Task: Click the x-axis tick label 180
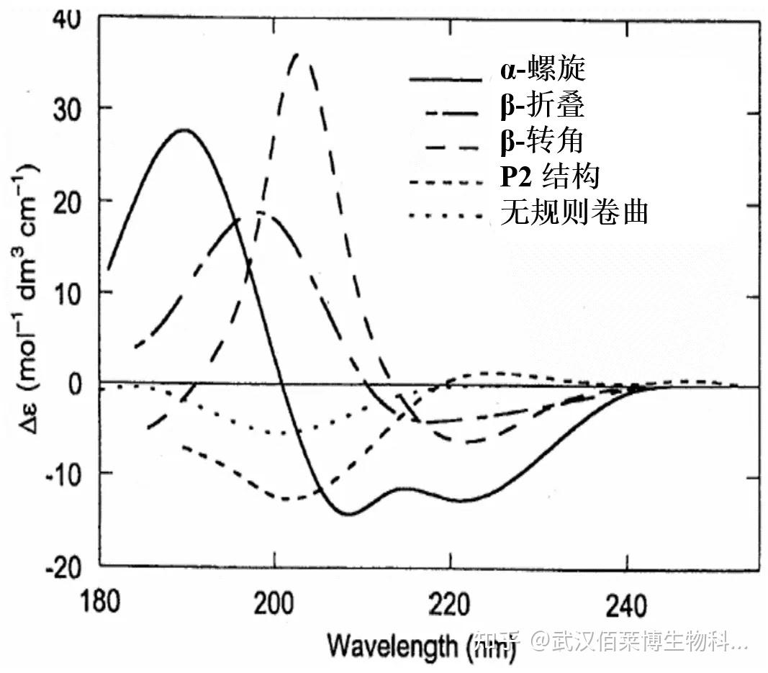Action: (x=101, y=600)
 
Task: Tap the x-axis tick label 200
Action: (x=275, y=600)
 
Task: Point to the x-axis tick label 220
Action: (x=450, y=600)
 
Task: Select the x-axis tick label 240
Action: (x=624, y=600)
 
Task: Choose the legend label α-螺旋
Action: (x=543, y=71)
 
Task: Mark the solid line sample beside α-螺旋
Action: (x=444, y=76)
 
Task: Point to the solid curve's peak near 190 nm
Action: (x=184, y=130)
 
